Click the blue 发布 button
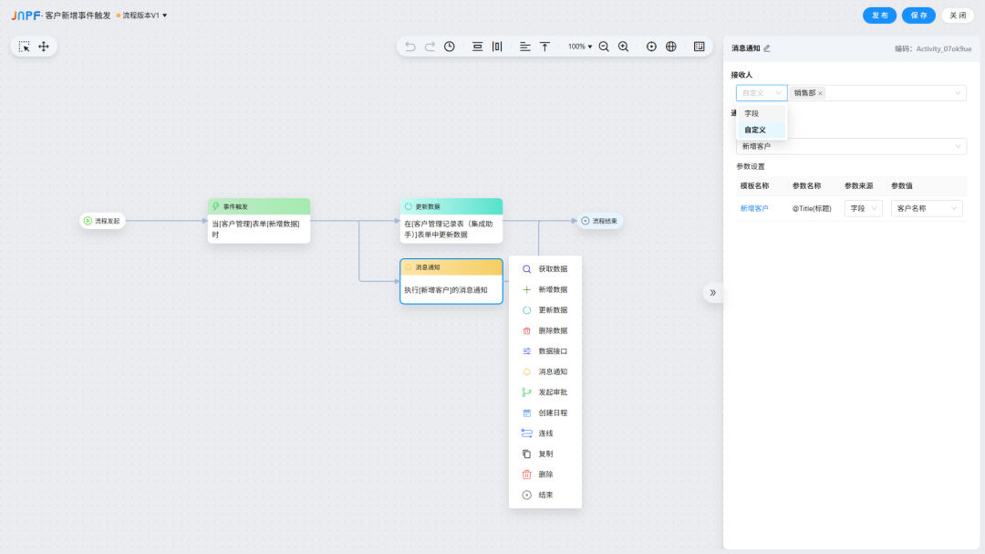point(879,16)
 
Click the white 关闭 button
point(958,16)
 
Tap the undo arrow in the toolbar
point(410,47)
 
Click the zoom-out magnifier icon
point(604,47)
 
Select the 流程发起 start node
point(102,221)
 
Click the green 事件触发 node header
point(259,206)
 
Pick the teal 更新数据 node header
point(451,206)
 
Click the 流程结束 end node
point(600,221)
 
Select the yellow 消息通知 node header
point(451,267)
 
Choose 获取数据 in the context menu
point(545,269)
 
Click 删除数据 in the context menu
point(545,330)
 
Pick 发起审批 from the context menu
point(545,392)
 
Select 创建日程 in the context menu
point(545,413)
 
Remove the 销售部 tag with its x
point(821,94)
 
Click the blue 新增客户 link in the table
point(754,209)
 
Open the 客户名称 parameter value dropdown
point(927,209)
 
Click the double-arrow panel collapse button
point(713,292)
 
